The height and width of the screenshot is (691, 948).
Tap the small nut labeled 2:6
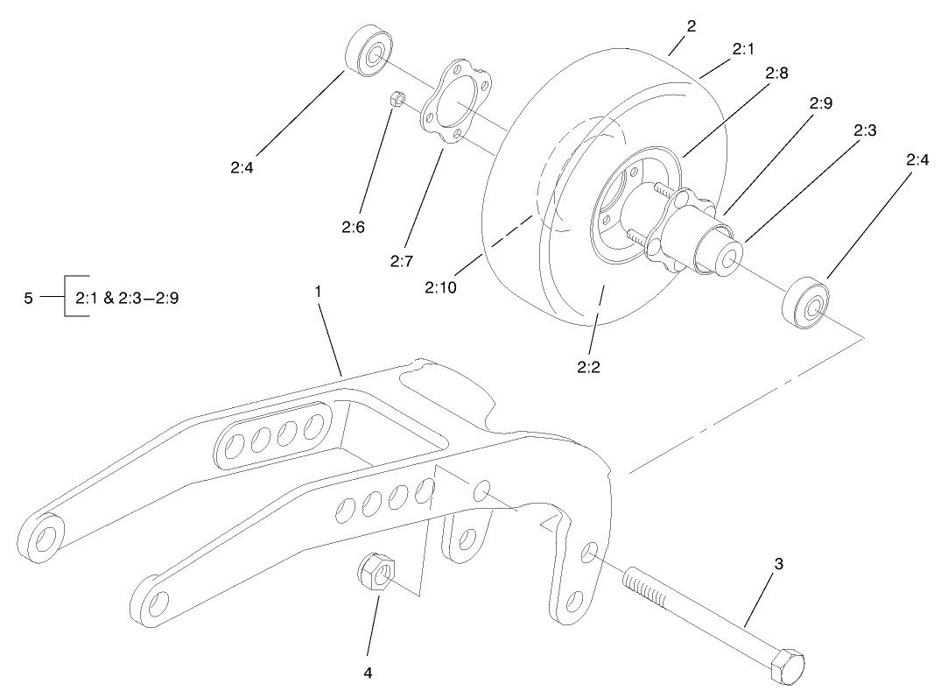pyautogui.click(x=396, y=102)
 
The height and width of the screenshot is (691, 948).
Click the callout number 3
pyautogui.click(x=778, y=564)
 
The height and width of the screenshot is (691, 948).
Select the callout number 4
pyautogui.click(x=368, y=673)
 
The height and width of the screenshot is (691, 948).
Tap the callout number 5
pyautogui.click(x=28, y=297)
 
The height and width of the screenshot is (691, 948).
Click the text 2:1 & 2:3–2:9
pyautogui.click(x=129, y=297)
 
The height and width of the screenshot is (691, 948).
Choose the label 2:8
pyautogui.click(x=776, y=74)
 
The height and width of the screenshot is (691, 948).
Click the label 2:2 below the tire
pyautogui.click(x=587, y=367)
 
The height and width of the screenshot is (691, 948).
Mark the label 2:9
pyautogui.click(x=820, y=102)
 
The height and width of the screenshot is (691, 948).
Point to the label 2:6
pyautogui.click(x=354, y=227)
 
